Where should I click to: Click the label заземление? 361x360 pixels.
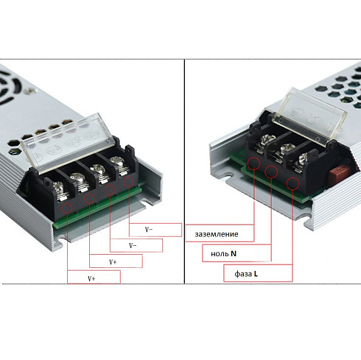pyautogui.click(x=217, y=233)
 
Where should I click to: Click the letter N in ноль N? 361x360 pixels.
pyautogui.click(x=233, y=253)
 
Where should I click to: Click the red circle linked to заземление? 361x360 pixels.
pyautogui.click(x=254, y=163)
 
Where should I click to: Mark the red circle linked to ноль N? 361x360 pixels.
pyautogui.click(x=273, y=172)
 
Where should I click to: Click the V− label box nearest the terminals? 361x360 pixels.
pyautogui.click(x=155, y=229)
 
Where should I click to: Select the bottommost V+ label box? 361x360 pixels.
pyautogui.click(x=93, y=278)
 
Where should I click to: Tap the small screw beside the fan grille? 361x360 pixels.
pyautogui.click(x=32, y=91)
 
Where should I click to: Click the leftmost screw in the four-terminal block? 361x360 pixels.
pyautogui.click(x=56, y=178)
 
